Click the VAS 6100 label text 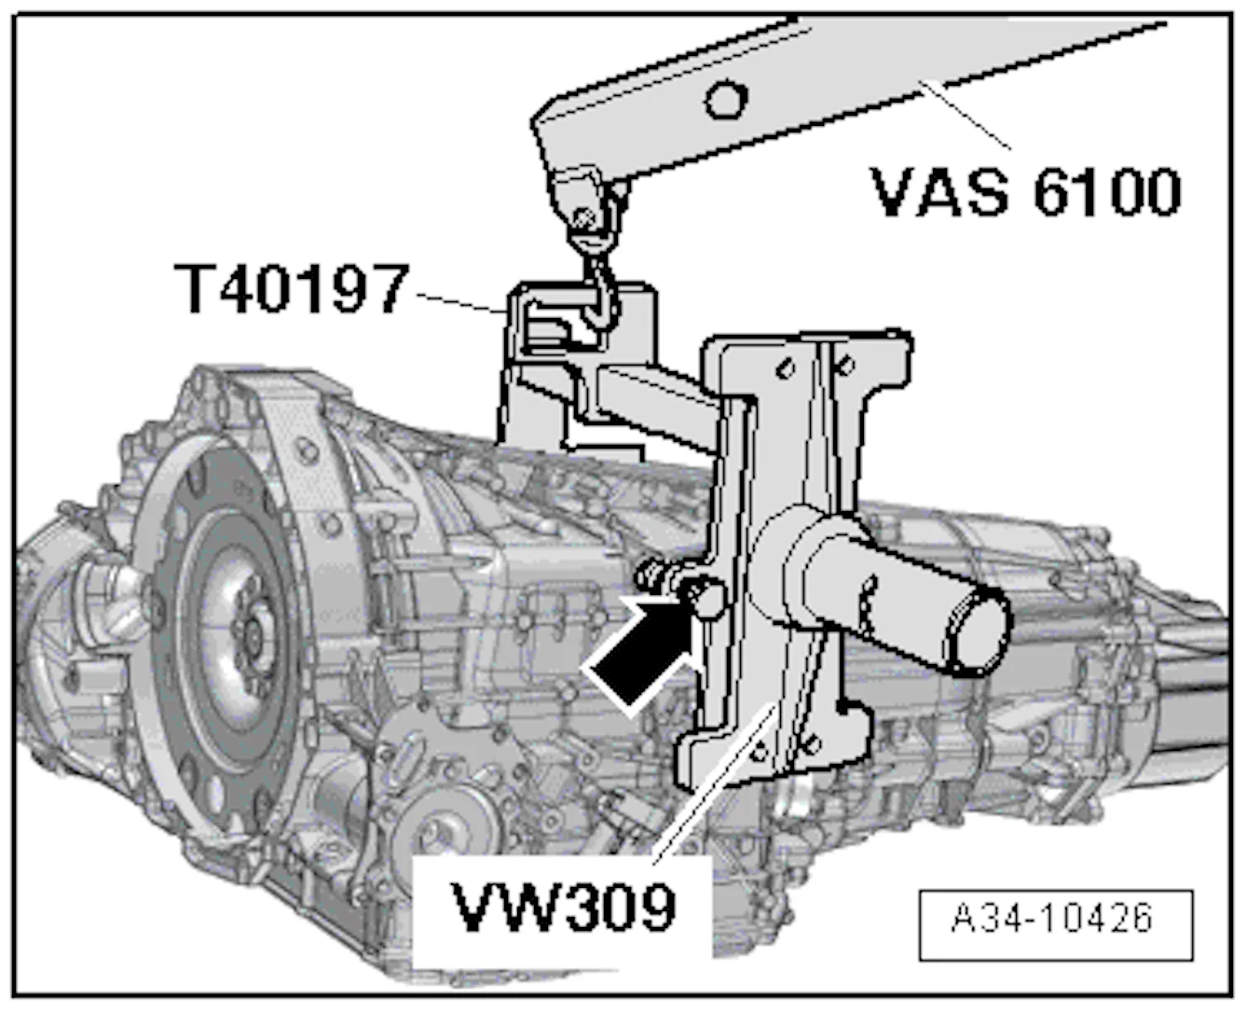pyautogui.click(x=1026, y=192)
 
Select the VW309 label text pyautogui.click(x=563, y=907)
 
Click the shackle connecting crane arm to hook pyautogui.click(x=583, y=205)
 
